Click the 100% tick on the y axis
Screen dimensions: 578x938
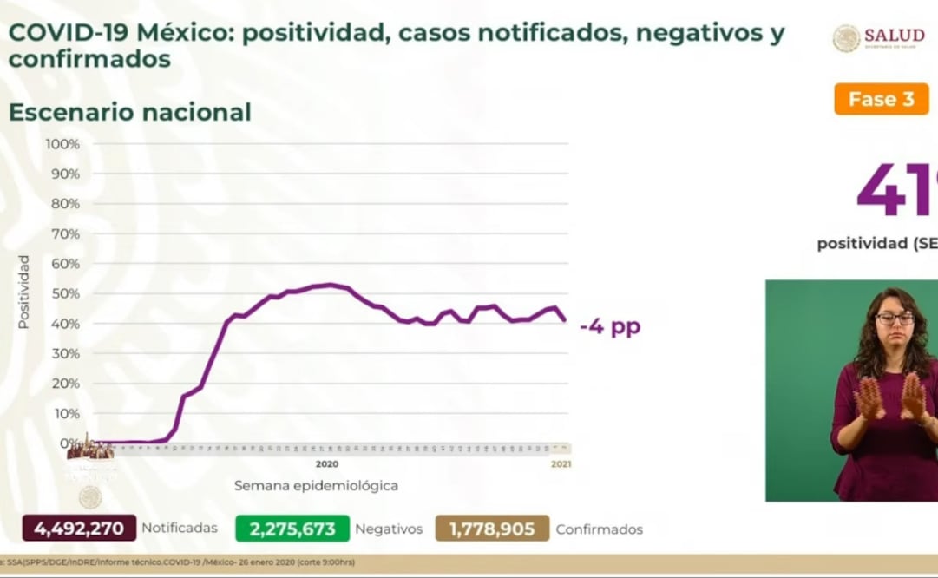point(63,144)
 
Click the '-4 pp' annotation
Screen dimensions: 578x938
point(610,327)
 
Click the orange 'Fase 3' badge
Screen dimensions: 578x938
point(881,99)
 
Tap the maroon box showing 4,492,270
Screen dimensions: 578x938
point(79,529)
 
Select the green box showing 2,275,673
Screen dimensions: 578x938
point(292,529)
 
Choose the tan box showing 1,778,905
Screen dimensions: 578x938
point(492,529)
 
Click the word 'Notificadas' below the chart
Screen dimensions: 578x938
point(179,529)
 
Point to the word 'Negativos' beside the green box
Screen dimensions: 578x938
point(389,529)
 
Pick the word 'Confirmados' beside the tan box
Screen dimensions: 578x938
point(599,529)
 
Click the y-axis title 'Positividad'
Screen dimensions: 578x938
point(24,292)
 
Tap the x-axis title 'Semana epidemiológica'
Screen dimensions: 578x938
point(316,485)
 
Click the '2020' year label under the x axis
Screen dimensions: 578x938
point(327,464)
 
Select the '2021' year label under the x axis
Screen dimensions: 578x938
point(561,464)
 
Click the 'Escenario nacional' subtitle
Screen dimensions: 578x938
point(129,112)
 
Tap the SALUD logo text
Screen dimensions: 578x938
point(894,36)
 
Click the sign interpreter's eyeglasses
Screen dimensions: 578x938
point(895,319)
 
